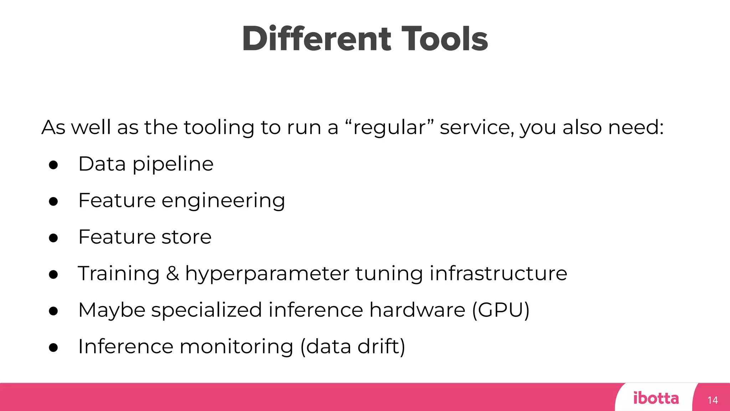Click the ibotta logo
[656, 398]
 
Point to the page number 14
[713, 400]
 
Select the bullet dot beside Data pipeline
[53, 165]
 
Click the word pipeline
[173, 165]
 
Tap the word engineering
[223, 201]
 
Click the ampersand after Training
[173, 274]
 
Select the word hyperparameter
[267, 274]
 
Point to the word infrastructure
[498, 274]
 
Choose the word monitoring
[236, 347]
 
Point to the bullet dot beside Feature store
[53, 238]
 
